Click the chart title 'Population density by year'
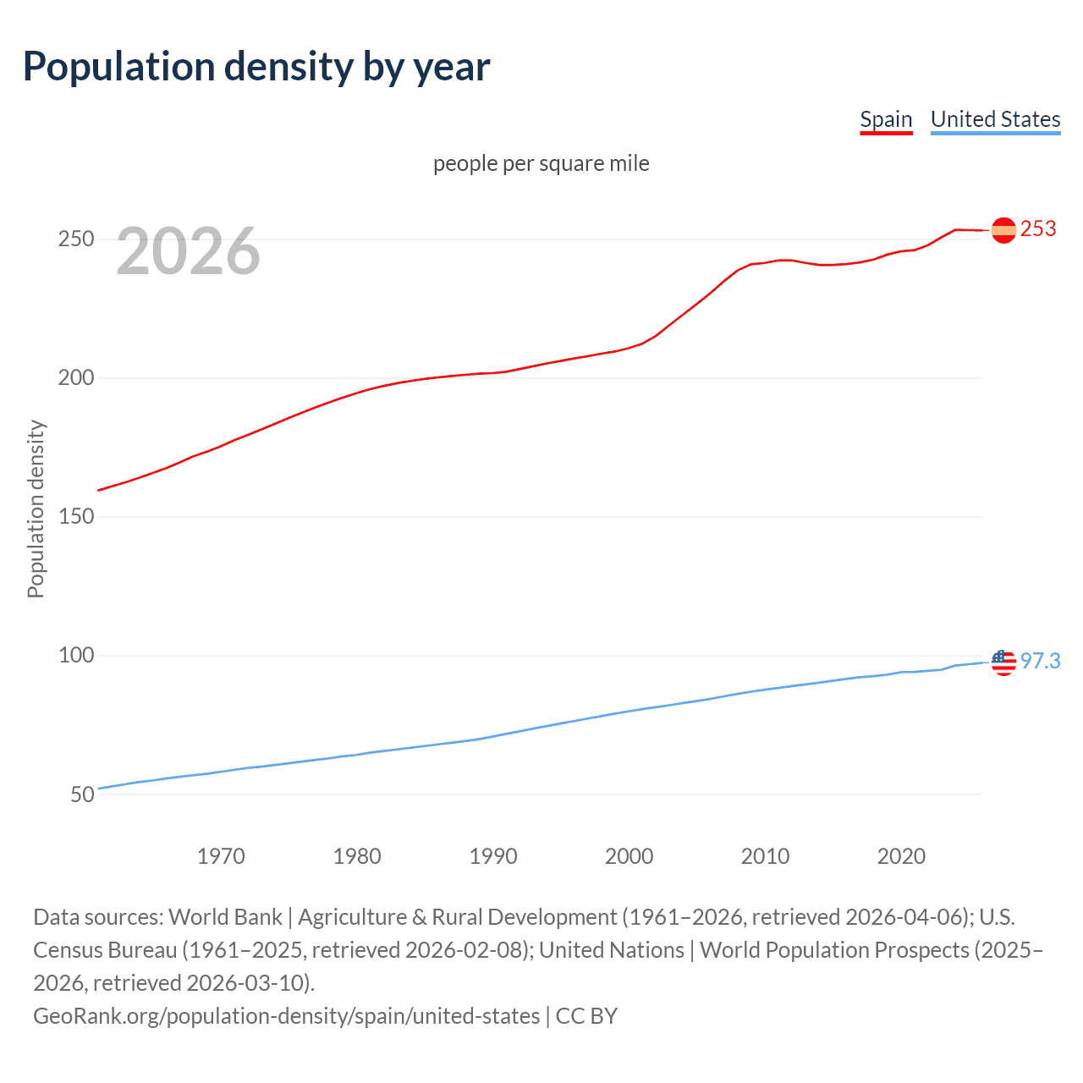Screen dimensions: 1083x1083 pyautogui.click(x=256, y=67)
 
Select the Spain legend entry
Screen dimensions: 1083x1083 pyautogui.click(x=886, y=119)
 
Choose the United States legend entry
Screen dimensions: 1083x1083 pyautogui.click(x=995, y=119)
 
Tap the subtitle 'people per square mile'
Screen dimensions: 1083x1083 pyautogui.click(x=541, y=163)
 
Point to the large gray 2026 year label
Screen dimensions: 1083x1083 pyautogui.click(x=188, y=251)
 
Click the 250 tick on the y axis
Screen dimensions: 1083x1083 pyautogui.click(x=75, y=239)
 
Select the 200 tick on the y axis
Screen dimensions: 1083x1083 pyautogui.click(x=75, y=378)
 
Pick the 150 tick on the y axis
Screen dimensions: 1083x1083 pyautogui.click(x=75, y=517)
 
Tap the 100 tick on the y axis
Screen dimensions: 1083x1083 pyautogui.click(x=75, y=656)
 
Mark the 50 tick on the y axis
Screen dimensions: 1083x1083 pyautogui.click(x=82, y=794)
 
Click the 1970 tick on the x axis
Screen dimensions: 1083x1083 pyautogui.click(x=221, y=856)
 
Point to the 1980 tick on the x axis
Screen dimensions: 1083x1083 pyautogui.click(x=357, y=856)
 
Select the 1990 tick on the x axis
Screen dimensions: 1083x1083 pyautogui.click(x=493, y=856)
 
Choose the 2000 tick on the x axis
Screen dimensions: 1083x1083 pyautogui.click(x=629, y=856)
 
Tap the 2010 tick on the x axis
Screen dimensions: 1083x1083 pyautogui.click(x=765, y=856)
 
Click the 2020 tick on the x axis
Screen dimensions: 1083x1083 pyautogui.click(x=901, y=856)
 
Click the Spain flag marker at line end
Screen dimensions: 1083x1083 pyautogui.click(x=1003, y=230)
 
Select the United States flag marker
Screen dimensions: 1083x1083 pyautogui.click(x=1003, y=662)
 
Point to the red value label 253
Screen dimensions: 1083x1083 pyautogui.click(x=1038, y=229)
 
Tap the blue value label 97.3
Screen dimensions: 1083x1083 pyautogui.click(x=1040, y=661)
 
